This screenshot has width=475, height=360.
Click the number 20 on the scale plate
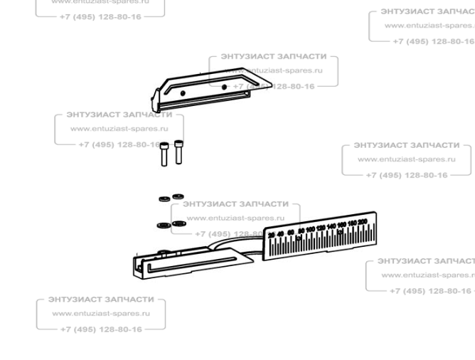(272, 235)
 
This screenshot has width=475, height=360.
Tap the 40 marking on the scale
(281, 233)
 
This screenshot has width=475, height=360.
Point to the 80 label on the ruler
(301, 231)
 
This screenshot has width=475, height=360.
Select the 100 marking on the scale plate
(310, 229)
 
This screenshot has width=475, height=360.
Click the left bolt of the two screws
(164, 152)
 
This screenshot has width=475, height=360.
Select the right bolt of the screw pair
(178, 151)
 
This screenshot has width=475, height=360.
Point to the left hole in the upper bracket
(183, 92)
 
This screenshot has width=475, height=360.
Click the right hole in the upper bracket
(225, 87)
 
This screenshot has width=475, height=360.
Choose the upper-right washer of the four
(178, 195)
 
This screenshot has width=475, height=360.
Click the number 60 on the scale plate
(291, 232)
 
